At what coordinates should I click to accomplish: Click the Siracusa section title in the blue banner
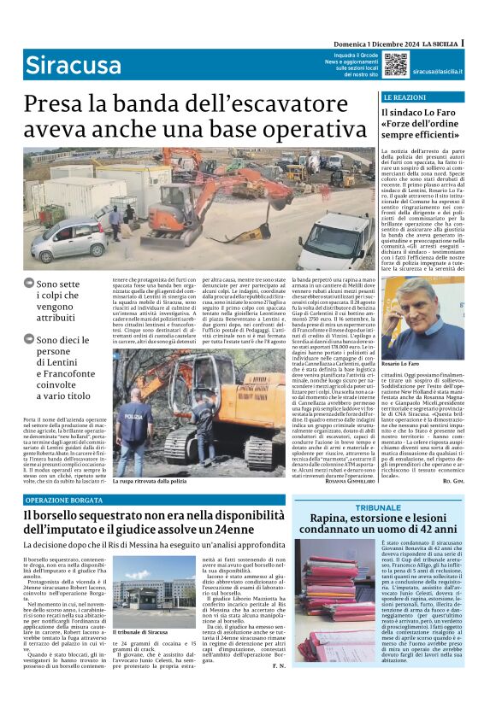tap(60, 65)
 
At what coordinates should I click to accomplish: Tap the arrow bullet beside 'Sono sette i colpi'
tap(29, 284)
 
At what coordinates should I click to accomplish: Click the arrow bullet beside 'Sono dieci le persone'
tap(29, 339)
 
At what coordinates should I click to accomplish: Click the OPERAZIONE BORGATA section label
tap(64, 499)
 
